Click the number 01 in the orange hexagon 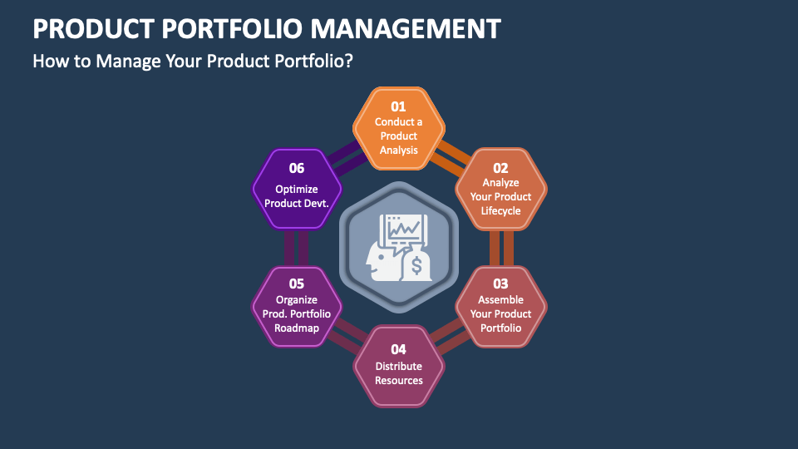point(398,106)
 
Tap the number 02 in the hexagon point(500,168)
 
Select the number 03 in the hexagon point(500,284)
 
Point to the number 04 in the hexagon point(398,349)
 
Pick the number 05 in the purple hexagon point(297,284)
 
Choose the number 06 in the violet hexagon point(297,168)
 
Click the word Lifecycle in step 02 point(500,211)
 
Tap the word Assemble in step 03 point(500,299)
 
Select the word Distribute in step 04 point(398,366)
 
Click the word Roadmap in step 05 point(297,328)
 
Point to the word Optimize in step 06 point(297,189)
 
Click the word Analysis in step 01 point(398,150)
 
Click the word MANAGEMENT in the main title point(406,29)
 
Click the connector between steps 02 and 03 point(500,248)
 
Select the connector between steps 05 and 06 point(297,248)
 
